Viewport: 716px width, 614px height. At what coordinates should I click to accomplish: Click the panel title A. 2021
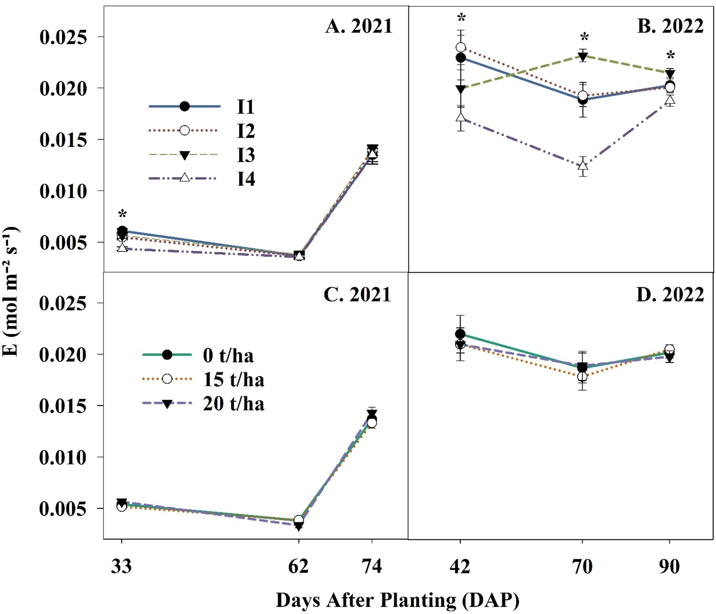pos(359,26)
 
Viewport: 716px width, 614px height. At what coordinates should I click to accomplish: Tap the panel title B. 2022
pos(670,26)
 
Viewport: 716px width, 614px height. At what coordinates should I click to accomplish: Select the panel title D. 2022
pos(670,295)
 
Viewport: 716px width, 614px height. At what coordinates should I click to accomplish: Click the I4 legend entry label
pos(246,179)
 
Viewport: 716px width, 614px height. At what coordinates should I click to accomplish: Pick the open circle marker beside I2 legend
pos(184,130)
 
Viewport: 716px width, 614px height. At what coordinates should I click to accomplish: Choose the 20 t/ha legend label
pos(234,404)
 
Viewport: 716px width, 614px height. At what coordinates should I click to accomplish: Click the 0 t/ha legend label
pos(228,355)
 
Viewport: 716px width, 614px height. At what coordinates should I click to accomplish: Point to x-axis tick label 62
pos(298,566)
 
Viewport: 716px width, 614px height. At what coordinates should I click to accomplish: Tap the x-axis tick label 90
pos(669,566)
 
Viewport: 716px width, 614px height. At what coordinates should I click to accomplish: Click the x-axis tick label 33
pos(121,566)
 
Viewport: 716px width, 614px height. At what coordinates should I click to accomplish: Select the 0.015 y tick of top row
pos(63,140)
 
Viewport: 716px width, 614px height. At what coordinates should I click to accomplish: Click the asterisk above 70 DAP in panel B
pos(584,37)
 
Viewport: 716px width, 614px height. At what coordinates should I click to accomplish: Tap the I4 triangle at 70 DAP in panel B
pos(583,166)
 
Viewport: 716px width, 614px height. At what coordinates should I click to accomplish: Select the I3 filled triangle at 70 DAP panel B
pos(583,56)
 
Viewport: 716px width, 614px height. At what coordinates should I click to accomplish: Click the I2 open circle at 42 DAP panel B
pos(461,47)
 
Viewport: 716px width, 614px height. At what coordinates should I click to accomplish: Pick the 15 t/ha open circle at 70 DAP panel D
pos(582,377)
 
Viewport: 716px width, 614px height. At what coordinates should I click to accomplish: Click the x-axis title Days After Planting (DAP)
pos(397,600)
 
